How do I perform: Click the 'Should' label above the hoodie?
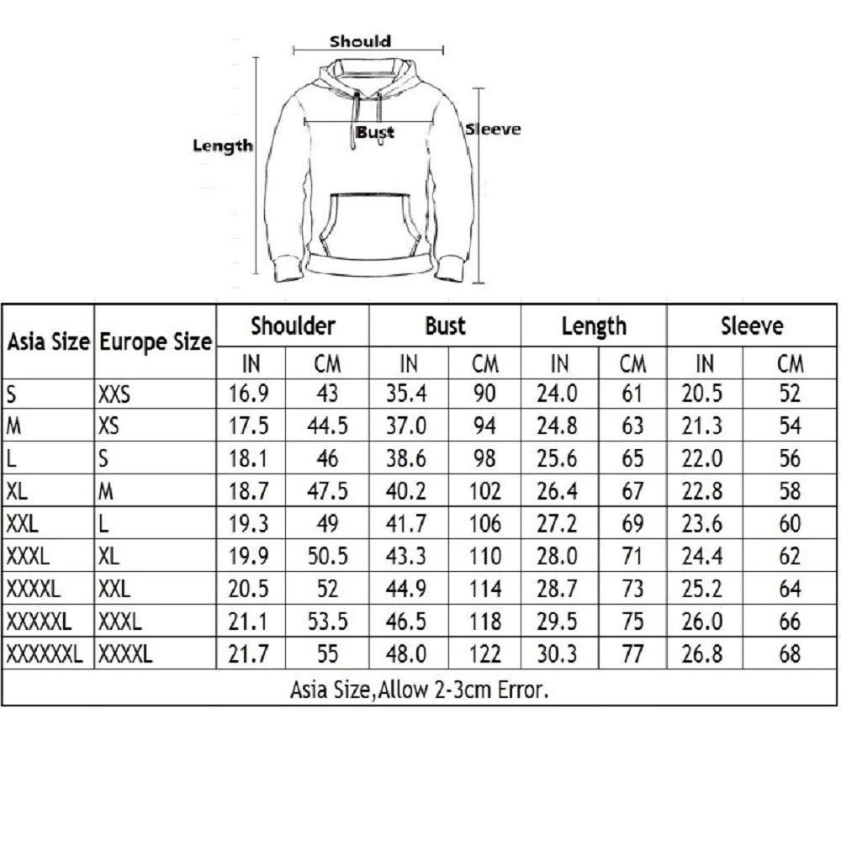[x=360, y=40]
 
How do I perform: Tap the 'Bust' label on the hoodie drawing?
[x=374, y=132]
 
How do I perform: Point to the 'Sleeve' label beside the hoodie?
[x=494, y=130]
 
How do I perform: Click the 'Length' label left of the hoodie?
[x=223, y=145]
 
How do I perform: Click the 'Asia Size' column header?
[x=49, y=342]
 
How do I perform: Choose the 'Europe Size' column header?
[x=156, y=342]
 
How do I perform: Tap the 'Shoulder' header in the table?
[x=294, y=325]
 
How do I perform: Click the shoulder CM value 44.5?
[x=331, y=426]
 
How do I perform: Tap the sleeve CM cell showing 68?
[x=790, y=653]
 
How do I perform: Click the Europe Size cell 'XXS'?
[x=114, y=394]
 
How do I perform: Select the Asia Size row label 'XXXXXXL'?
[x=45, y=653]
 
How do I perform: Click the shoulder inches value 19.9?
[x=249, y=557]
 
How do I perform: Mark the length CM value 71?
[x=632, y=557]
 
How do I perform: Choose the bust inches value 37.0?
[x=408, y=426]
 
